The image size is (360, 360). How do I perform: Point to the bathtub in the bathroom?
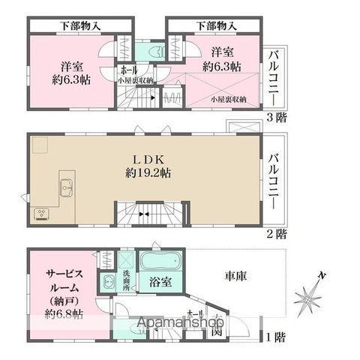click(x=160, y=263)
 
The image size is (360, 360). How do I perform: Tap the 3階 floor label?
click(x=276, y=118)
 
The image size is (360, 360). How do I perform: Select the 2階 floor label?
click(x=276, y=234)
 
